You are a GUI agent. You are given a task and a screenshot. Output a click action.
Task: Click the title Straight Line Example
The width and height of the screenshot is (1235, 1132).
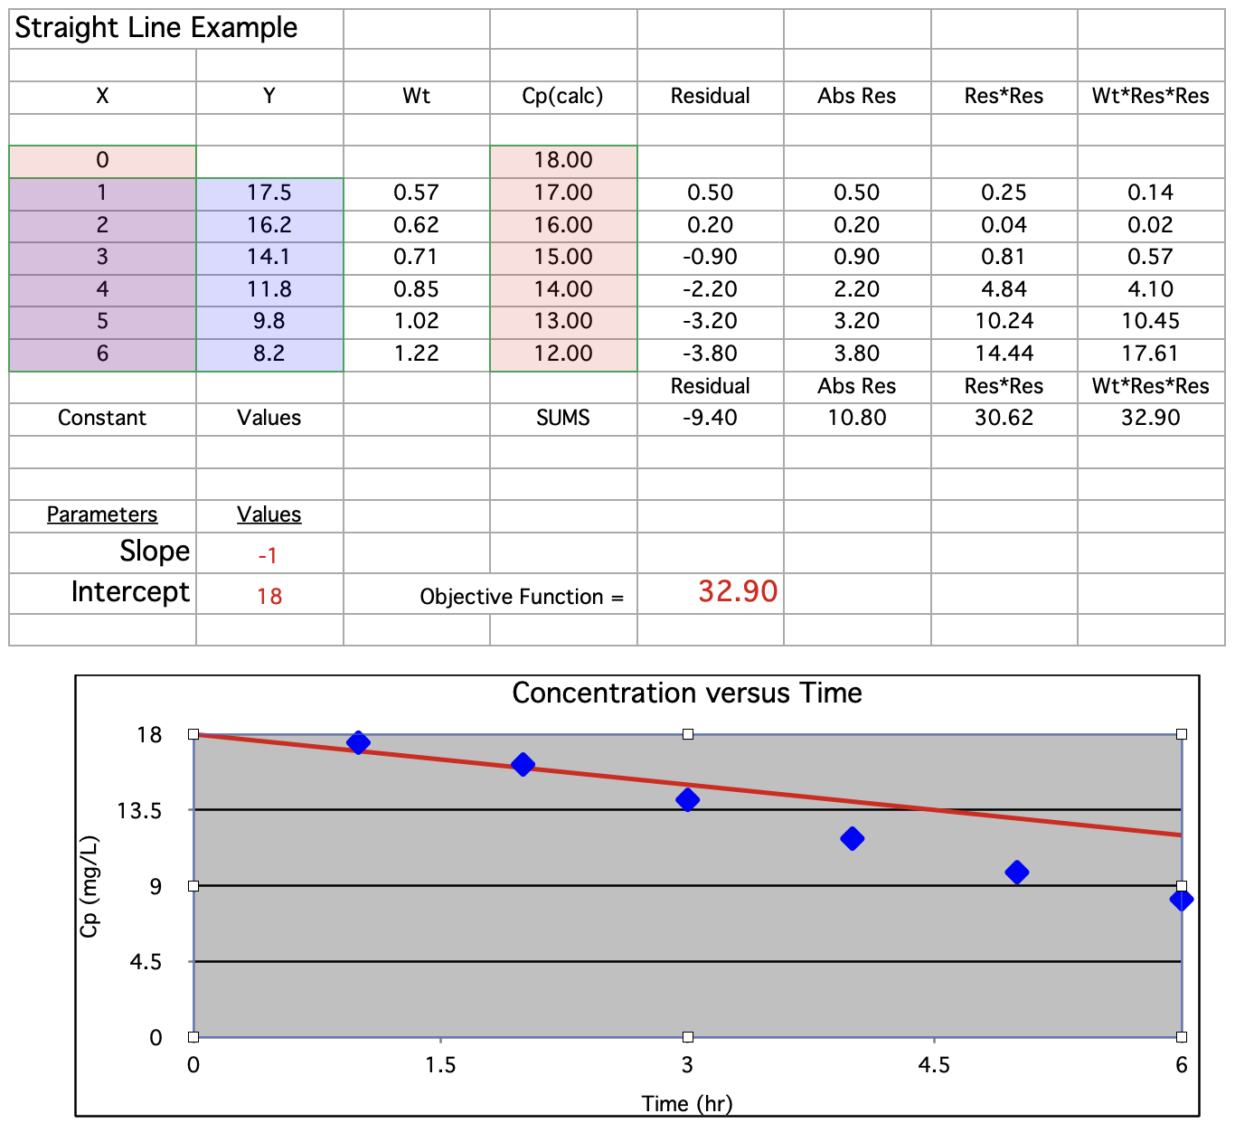(156, 28)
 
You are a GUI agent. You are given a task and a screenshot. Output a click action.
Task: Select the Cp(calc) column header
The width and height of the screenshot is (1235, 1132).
(562, 96)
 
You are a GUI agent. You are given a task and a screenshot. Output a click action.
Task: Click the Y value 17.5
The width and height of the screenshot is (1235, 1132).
(269, 193)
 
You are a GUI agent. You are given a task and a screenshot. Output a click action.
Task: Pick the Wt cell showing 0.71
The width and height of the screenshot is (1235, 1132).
(416, 257)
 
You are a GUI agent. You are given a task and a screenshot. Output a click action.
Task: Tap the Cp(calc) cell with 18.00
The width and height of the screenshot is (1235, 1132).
(562, 160)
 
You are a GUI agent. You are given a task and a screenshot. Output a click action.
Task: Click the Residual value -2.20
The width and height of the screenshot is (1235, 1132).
(710, 289)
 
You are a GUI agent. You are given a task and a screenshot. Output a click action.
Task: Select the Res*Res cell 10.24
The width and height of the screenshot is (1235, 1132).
(1004, 321)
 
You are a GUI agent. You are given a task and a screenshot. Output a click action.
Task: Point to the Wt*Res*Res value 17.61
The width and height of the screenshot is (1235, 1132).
(1150, 354)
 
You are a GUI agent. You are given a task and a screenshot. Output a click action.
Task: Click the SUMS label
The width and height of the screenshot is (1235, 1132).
(562, 418)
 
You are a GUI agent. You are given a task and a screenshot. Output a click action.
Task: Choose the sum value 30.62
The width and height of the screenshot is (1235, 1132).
(1004, 418)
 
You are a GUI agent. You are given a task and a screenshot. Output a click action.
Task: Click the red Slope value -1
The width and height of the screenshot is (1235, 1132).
(268, 555)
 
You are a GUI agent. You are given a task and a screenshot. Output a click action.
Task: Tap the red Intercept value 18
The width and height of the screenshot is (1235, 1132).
(269, 596)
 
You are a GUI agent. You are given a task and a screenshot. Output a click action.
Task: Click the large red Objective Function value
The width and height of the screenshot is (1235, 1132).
(738, 591)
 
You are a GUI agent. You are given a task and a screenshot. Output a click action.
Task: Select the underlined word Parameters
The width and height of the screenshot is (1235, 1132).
(102, 514)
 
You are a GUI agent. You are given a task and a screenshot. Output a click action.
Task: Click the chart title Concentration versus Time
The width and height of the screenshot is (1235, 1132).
(686, 693)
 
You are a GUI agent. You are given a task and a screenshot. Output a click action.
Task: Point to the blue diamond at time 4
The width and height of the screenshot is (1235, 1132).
(852, 839)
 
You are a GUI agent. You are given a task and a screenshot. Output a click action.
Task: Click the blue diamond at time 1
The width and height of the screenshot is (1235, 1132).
(358, 743)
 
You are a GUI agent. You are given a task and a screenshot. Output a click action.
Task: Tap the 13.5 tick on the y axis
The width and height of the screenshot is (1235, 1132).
(139, 811)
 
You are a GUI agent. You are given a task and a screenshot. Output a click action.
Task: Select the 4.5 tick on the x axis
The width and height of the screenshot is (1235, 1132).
(934, 1065)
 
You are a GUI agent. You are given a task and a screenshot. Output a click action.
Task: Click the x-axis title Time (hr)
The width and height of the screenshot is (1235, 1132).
(686, 1103)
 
